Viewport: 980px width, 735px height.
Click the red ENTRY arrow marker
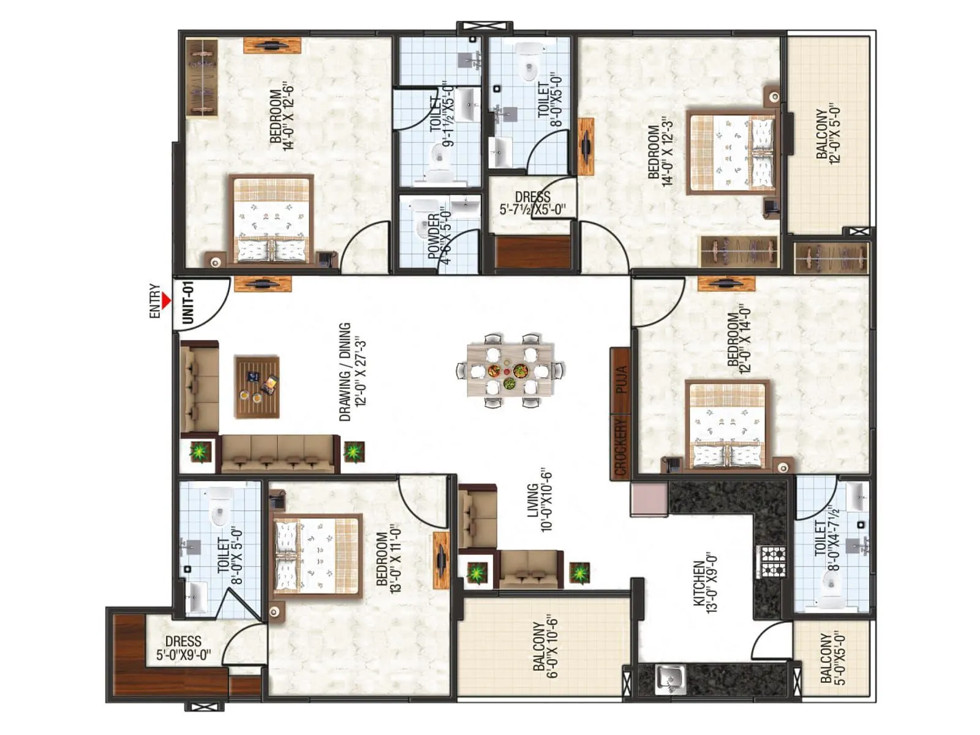click(x=166, y=301)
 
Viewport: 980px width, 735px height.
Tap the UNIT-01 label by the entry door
click(x=188, y=303)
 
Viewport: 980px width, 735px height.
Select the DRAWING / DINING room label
click(x=352, y=372)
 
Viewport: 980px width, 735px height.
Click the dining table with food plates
click(x=510, y=371)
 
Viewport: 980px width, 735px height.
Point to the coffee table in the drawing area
click(x=257, y=387)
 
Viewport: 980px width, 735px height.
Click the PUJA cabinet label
click(x=620, y=379)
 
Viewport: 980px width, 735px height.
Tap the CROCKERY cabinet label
click(x=620, y=446)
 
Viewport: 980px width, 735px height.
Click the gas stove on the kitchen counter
click(x=772, y=562)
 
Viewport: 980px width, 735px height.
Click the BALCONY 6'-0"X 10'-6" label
click(x=546, y=647)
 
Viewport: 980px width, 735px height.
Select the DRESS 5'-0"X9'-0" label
click(x=183, y=648)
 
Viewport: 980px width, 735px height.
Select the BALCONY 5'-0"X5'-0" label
click(x=832, y=658)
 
